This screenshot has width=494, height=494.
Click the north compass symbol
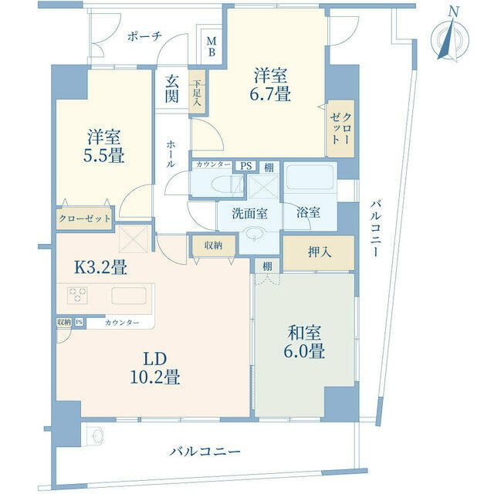point(450,39)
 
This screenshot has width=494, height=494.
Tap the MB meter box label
point(211,46)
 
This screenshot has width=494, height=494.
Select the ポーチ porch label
point(144,36)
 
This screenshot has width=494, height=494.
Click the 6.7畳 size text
point(270,93)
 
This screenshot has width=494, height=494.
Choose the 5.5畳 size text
point(103,156)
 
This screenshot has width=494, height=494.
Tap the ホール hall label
point(171,154)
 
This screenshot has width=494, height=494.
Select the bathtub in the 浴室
point(310,177)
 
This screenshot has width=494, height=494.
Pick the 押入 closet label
point(320,252)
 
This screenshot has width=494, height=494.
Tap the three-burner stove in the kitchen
point(77,295)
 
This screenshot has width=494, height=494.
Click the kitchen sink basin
point(129,296)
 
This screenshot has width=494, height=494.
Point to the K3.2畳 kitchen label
point(100,268)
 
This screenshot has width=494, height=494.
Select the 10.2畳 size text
point(155,377)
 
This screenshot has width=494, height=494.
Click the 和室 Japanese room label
point(305,333)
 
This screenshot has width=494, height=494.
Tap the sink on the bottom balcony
point(96,436)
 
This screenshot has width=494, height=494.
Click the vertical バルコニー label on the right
point(375,228)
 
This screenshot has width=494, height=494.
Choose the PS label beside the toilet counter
point(246,166)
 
